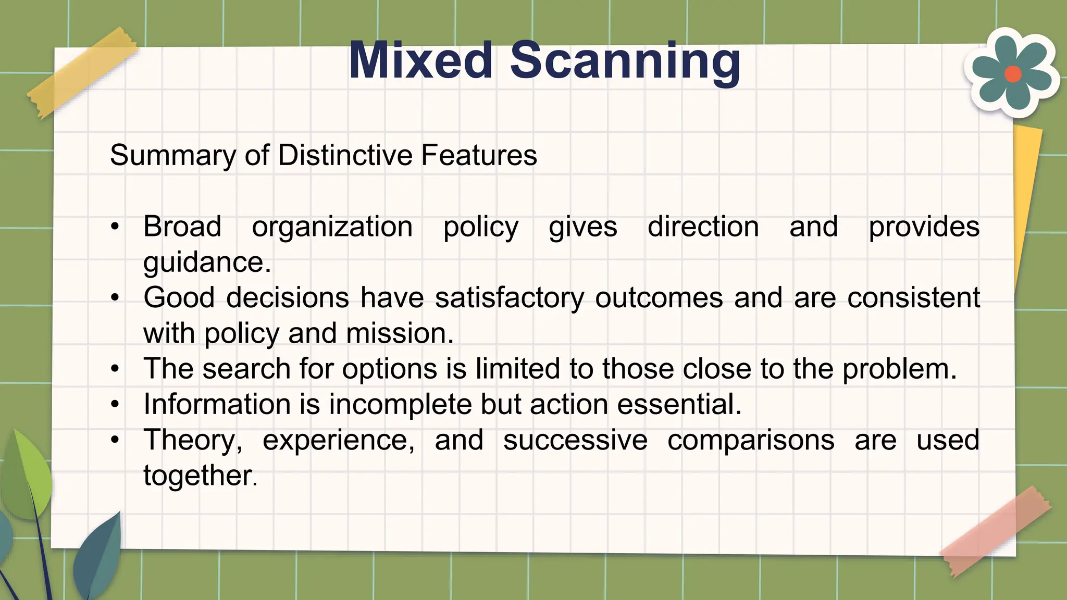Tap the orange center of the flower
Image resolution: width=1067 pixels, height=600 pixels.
point(1012,74)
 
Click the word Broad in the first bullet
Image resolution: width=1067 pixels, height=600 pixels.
point(182,227)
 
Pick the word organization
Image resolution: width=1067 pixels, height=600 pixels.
point(332,227)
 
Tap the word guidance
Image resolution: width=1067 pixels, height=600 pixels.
point(206,262)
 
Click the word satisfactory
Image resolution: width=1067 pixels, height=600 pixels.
point(510,298)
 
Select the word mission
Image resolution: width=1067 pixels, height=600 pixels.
point(399,333)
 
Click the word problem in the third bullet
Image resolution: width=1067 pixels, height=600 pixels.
point(899,369)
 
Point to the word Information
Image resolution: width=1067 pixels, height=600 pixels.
point(217,404)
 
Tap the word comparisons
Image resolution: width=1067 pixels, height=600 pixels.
point(751,440)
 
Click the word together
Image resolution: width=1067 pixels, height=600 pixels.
point(200,476)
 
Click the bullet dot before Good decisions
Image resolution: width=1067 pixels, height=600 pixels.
point(115,298)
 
